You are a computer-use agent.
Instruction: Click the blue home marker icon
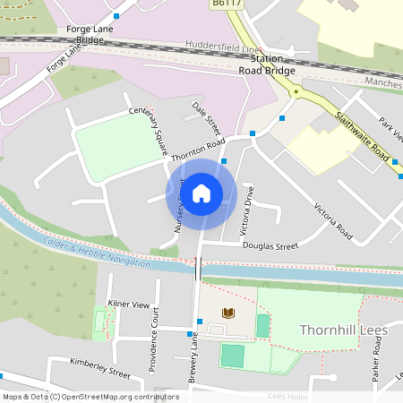pyautogui.click(x=201, y=193)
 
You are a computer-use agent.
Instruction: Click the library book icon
pyautogui.click(x=227, y=313)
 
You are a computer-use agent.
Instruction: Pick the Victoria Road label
pyautogui.click(x=333, y=223)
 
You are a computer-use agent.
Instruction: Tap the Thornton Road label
pyautogui.click(x=197, y=149)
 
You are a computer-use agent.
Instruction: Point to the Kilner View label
pyautogui.click(x=128, y=304)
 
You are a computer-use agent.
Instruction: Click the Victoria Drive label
pyautogui.click(x=248, y=211)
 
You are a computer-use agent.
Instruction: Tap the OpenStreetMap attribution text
pyautogui.click(x=90, y=397)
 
